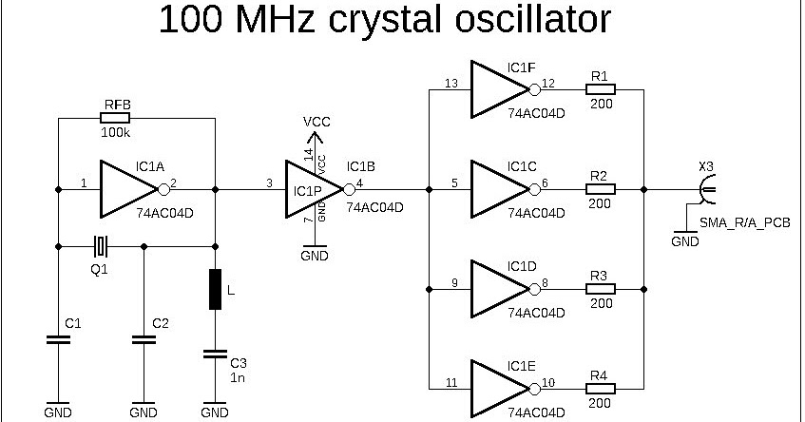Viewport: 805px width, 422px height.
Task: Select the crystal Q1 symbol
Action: pyautogui.click(x=101, y=247)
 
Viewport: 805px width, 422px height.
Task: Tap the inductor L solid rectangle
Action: pyautogui.click(x=216, y=289)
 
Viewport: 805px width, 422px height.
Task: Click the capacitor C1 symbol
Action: pyautogui.click(x=59, y=339)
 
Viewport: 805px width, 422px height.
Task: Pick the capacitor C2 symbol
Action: pyautogui.click(x=144, y=339)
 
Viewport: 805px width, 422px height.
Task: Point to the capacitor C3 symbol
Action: pyautogui.click(x=216, y=355)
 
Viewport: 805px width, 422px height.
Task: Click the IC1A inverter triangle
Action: pyautogui.click(x=129, y=188)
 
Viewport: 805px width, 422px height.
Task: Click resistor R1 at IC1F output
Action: pyautogui.click(x=600, y=90)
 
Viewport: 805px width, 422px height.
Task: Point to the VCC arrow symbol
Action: pyautogui.click(x=315, y=140)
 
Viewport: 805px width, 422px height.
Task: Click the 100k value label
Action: pyautogui.click(x=116, y=133)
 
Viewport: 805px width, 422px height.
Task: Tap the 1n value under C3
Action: pyautogui.click(x=239, y=376)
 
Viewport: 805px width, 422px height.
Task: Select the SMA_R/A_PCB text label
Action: pyautogui.click(x=744, y=223)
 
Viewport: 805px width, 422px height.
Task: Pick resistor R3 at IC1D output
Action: pyautogui.click(x=600, y=289)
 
